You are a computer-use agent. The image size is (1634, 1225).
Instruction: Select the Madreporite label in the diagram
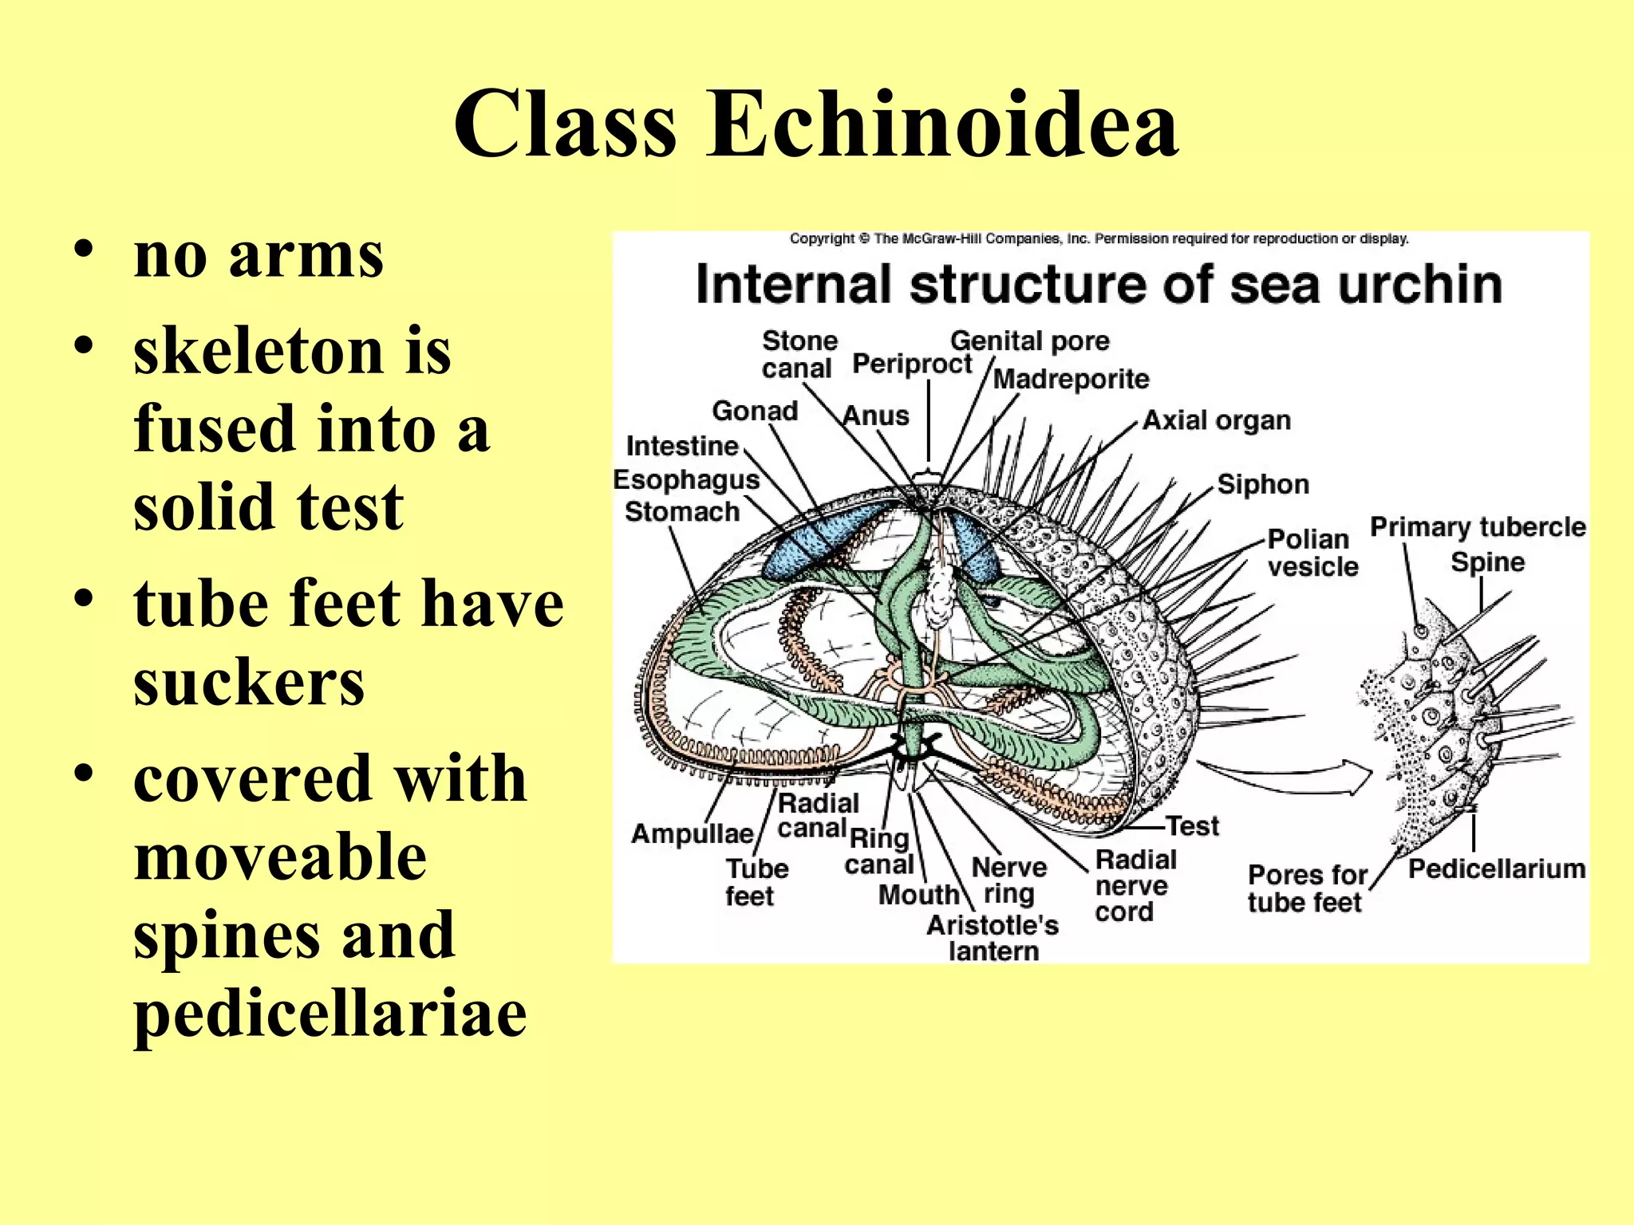(x=1071, y=379)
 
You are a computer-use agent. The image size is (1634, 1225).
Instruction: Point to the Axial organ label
(x=1217, y=420)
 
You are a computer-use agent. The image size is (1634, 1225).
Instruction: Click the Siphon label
(x=1263, y=484)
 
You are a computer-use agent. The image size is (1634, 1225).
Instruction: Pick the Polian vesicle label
(x=1312, y=553)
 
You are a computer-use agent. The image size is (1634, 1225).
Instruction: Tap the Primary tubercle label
(x=1478, y=527)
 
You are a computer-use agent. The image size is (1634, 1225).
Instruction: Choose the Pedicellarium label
(x=1496, y=869)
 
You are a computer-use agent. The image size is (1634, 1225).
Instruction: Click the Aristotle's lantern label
(x=993, y=938)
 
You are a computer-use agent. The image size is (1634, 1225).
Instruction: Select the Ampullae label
(x=692, y=834)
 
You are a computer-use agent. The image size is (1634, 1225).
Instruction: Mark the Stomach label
(x=682, y=512)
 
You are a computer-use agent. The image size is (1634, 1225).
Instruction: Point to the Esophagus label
(x=686, y=480)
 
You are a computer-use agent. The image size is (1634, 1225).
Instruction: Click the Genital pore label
(x=1029, y=341)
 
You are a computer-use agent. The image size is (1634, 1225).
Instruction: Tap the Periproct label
(x=912, y=364)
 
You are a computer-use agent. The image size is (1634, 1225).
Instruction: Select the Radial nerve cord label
(x=1134, y=885)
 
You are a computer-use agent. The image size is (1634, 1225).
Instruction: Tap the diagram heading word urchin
(x=1420, y=285)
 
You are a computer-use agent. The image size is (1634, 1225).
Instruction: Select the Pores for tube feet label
(x=1306, y=888)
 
